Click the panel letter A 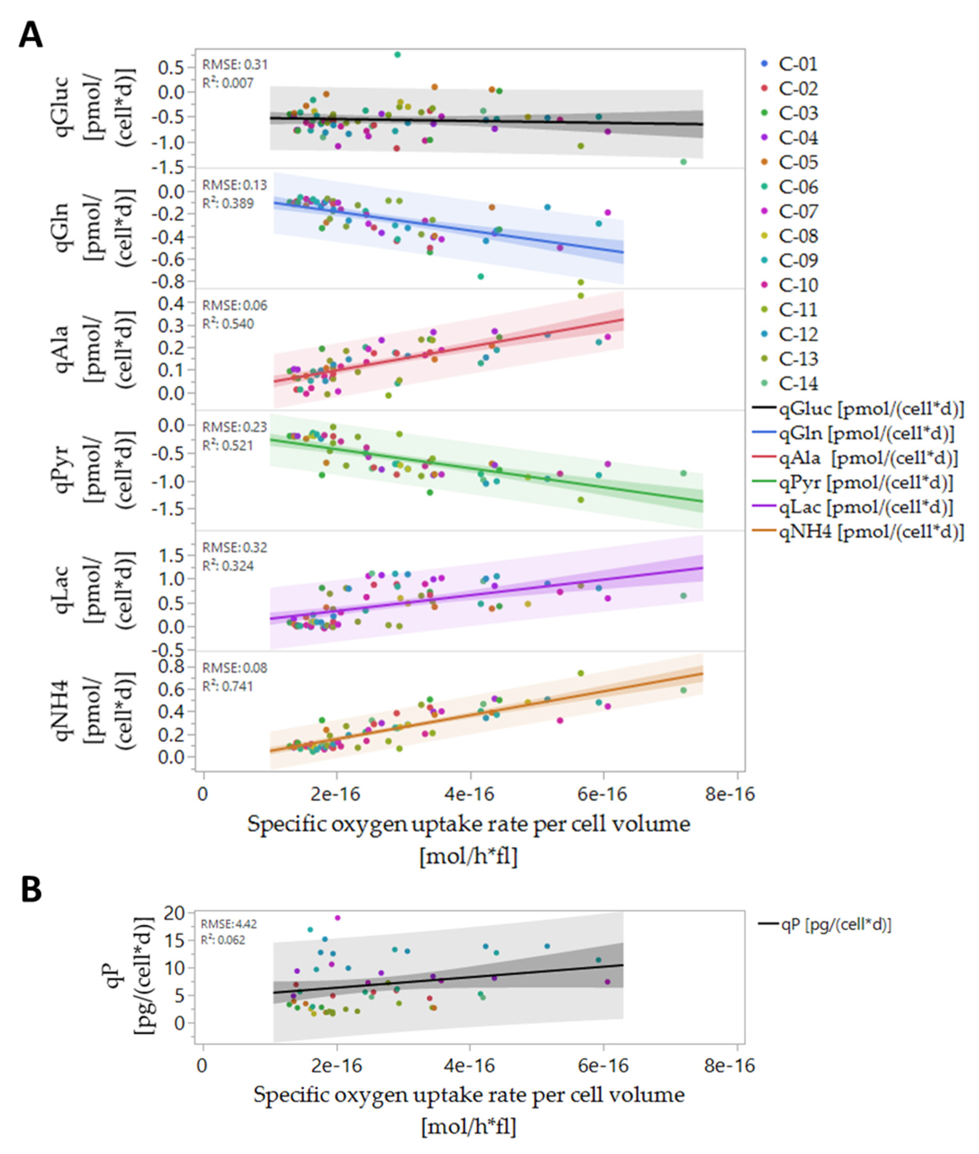(30, 37)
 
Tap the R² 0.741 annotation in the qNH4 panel (227, 686)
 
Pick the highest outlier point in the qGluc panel (397, 54)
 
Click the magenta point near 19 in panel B (337, 918)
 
